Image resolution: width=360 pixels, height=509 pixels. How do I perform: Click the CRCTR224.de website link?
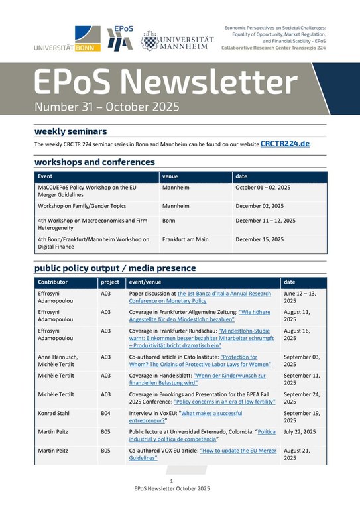coord(285,143)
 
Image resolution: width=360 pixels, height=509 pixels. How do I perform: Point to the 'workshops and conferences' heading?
coord(94,162)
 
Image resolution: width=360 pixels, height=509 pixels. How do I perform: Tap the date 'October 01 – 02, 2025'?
coord(263,188)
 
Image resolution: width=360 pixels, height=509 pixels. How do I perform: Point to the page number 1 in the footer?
coord(172,481)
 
